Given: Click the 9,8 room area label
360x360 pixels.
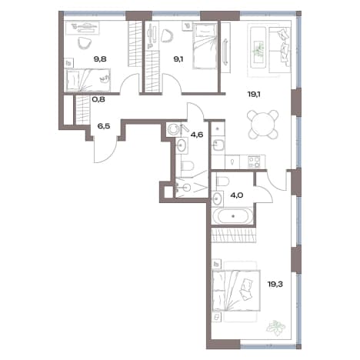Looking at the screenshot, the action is (x=100, y=59).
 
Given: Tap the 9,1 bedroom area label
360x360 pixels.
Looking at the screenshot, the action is (x=178, y=59).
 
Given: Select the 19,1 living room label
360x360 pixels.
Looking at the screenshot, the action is (x=254, y=95).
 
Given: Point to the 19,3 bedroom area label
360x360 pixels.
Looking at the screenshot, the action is (x=275, y=284).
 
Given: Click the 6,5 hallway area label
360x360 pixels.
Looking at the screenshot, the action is (x=104, y=126).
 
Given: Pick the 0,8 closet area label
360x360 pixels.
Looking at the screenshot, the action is (x=98, y=99).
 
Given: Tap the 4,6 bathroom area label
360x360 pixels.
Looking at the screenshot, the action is (x=197, y=135).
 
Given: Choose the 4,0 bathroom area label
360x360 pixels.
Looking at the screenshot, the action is (x=237, y=195).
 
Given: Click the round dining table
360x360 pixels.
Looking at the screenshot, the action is (x=263, y=125).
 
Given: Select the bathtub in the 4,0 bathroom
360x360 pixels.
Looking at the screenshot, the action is (x=233, y=216).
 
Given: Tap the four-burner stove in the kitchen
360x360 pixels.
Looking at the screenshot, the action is (x=254, y=162).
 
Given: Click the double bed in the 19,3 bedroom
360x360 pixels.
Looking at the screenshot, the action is (x=236, y=291).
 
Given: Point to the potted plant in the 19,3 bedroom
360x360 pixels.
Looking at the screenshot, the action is (x=275, y=328).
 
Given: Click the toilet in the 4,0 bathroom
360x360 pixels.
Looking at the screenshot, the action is (x=222, y=181).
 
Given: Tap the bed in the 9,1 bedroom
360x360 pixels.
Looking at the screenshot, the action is (x=205, y=46).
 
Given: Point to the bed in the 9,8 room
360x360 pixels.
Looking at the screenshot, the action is (x=88, y=80).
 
